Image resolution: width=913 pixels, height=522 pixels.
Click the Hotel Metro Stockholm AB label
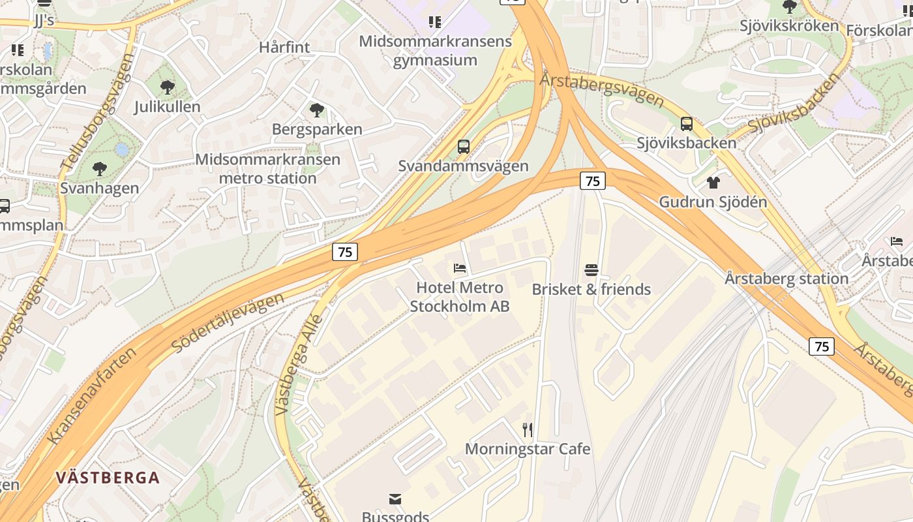pos(460,297)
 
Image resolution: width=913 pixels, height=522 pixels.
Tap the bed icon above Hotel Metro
pos(460,268)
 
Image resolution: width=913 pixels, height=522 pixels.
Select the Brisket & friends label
pos(591,289)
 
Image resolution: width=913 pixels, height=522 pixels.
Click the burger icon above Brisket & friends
pos(591,270)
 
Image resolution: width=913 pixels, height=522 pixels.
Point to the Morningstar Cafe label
pos(528,449)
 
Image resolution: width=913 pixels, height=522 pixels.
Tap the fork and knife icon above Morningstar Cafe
pos(528,430)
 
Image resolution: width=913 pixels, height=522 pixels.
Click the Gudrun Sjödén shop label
pos(713,202)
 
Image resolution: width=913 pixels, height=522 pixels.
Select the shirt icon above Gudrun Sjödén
pos(713,183)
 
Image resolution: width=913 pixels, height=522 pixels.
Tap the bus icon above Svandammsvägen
pos(464,147)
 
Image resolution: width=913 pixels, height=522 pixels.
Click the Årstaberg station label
pos(786,279)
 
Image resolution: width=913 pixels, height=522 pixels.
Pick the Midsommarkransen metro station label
pos(268,168)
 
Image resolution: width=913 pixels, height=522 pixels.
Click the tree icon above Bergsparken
pos(317,110)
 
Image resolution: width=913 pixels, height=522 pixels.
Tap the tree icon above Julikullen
pos(168,87)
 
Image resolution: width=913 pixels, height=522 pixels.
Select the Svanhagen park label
pos(100,189)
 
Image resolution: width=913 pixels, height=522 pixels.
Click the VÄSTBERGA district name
pos(108,478)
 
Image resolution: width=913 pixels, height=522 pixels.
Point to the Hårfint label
pos(284,47)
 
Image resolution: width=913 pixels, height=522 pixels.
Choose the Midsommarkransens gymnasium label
pos(436,51)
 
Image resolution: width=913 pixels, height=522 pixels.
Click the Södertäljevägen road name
pos(229,323)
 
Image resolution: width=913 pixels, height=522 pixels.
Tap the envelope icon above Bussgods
pos(395,499)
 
